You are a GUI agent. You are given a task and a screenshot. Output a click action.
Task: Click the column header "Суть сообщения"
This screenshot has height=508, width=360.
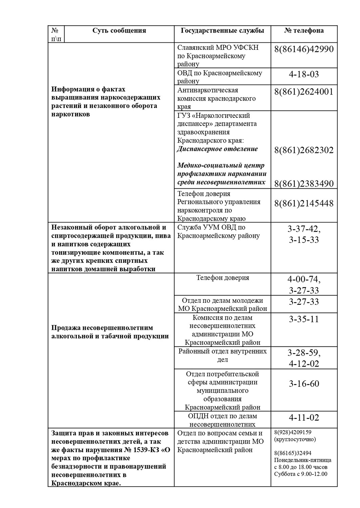coord(119,30)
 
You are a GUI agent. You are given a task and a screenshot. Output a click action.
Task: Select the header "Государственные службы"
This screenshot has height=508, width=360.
coord(222,30)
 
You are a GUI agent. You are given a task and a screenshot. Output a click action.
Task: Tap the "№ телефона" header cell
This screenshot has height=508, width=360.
coord(304,30)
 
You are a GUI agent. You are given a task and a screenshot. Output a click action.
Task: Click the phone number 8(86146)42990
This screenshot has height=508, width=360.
coord(304,49)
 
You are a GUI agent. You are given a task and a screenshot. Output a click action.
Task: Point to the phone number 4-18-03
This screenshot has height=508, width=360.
coord(304,74)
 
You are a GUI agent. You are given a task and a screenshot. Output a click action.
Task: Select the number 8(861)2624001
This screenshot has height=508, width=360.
coord(304,92)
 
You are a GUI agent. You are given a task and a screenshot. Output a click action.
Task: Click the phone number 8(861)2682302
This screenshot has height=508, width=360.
coord(304,150)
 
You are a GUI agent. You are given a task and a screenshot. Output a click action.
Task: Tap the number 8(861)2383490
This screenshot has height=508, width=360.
coord(304,184)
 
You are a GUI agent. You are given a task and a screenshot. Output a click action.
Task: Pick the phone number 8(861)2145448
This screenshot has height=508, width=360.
coord(304,203)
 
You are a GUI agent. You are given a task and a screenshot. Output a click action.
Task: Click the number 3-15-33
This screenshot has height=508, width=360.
coord(304,240)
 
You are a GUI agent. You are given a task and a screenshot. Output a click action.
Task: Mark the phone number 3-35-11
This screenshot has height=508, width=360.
coord(304,319)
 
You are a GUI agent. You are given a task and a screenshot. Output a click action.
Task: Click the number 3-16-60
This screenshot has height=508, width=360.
coord(304,384)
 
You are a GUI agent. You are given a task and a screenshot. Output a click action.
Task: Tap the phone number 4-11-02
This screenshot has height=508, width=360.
coord(304,418)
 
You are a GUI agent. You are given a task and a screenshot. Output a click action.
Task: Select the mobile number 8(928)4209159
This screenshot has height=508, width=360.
coord(293,432)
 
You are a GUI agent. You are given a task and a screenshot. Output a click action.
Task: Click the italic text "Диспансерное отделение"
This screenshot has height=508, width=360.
coord(217,149)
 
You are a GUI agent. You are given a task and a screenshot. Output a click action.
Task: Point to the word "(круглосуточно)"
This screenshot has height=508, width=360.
coord(295,439)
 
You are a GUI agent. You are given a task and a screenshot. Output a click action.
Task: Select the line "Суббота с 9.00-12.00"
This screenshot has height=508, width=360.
coord(301,474)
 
